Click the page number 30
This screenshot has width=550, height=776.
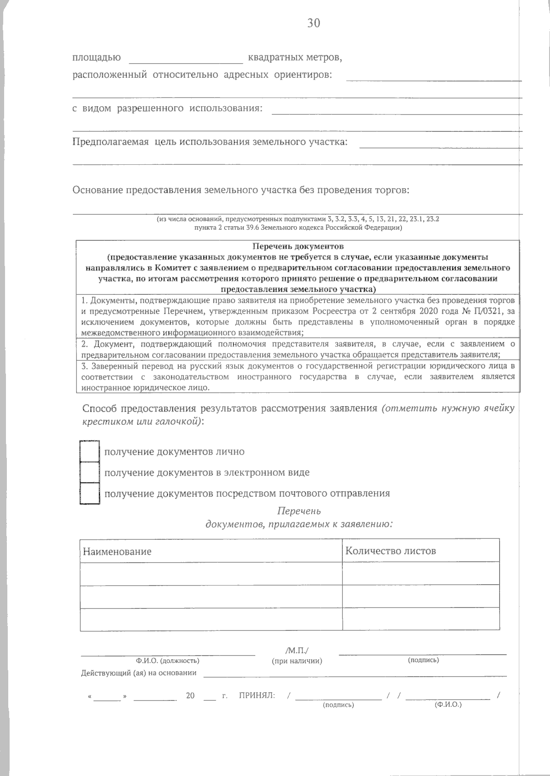(x=314, y=23)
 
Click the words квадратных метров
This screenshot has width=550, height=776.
(x=295, y=58)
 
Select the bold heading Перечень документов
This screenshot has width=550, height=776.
(x=298, y=247)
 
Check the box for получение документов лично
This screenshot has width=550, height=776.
(x=89, y=451)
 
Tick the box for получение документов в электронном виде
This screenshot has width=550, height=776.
(x=89, y=472)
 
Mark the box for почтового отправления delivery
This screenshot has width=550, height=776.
(x=89, y=493)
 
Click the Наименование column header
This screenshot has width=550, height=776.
(x=117, y=551)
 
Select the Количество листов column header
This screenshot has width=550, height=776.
(x=390, y=551)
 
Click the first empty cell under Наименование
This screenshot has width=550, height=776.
(x=211, y=573)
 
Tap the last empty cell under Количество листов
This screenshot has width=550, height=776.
(x=421, y=619)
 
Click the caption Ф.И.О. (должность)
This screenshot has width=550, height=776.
(x=167, y=661)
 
